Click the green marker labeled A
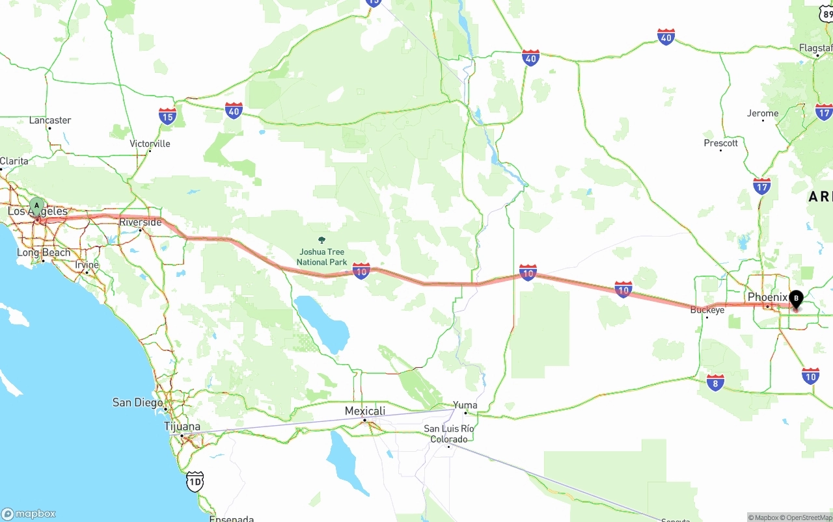pyautogui.click(x=37, y=207)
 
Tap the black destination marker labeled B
pyautogui.click(x=795, y=299)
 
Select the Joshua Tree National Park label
pyautogui.click(x=321, y=257)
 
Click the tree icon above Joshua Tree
pyautogui.click(x=321, y=241)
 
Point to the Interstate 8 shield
pyautogui.click(x=715, y=382)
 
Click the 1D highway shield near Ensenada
pyautogui.click(x=195, y=481)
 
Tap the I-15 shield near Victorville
pyautogui.click(x=167, y=116)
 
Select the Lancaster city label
pyautogui.click(x=50, y=120)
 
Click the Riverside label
pyautogui.click(x=140, y=222)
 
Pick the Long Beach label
pyautogui.click(x=44, y=252)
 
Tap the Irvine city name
pyautogui.click(x=87, y=265)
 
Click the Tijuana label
pyautogui.click(x=182, y=426)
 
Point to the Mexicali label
pyautogui.click(x=364, y=411)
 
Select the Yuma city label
pyautogui.click(x=465, y=405)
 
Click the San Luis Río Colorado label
pyautogui.click(x=448, y=434)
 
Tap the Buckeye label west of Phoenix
pyautogui.click(x=707, y=310)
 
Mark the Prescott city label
pyautogui.click(x=720, y=143)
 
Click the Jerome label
pyautogui.click(x=762, y=113)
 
